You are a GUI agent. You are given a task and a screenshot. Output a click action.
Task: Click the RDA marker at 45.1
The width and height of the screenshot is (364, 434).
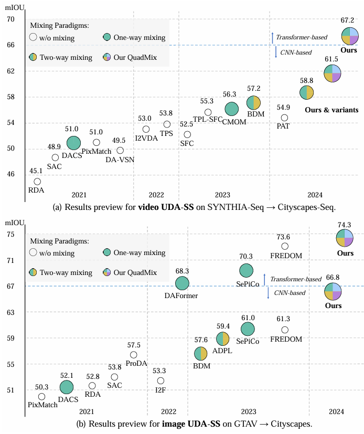point(37,182)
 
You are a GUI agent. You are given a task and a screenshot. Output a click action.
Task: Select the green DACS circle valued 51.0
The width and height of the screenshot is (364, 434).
point(73,142)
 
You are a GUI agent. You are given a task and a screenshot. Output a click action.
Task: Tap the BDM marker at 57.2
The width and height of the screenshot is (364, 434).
point(254,103)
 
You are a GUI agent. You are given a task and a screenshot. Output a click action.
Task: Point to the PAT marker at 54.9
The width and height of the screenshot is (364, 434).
point(284,118)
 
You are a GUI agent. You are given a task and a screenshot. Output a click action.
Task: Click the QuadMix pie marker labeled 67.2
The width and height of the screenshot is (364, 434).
point(350,36)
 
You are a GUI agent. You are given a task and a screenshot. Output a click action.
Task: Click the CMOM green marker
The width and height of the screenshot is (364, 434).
point(232,109)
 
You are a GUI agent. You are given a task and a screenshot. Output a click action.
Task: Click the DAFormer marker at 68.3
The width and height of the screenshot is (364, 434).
point(182,283)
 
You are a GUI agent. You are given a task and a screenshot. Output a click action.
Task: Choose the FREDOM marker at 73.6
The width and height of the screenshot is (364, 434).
point(285,246)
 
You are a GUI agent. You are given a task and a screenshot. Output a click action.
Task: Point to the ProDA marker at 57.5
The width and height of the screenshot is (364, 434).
point(134,355)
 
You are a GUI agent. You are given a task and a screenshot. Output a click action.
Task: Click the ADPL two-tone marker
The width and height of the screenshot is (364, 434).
point(223,339)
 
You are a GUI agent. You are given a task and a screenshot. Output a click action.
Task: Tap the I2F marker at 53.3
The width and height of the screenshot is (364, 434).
point(161,380)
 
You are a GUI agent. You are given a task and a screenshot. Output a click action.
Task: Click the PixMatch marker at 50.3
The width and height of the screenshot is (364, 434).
point(41,396)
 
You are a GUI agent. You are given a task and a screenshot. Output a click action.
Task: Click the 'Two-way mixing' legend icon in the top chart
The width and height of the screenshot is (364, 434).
point(33,57)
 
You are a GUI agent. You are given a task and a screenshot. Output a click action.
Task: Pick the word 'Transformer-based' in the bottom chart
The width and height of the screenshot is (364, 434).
point(295,279)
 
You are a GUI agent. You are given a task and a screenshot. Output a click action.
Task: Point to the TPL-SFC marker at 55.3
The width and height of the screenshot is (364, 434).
point(208,112)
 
